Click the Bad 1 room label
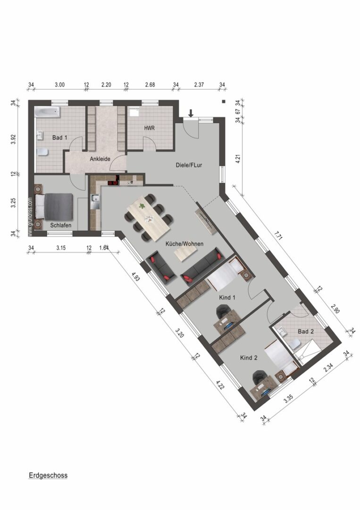60,137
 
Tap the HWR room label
150,128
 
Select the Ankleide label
100,159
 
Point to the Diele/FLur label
189,165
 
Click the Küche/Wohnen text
184,244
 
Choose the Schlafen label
61,225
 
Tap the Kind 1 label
227,297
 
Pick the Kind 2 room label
249,358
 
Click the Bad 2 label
306,331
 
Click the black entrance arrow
191,113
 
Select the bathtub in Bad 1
48,112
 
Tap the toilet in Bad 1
42,152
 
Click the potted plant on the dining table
142,205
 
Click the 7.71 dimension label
278,235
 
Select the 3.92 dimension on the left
13,139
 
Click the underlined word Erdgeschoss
48,476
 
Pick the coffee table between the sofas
186,253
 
